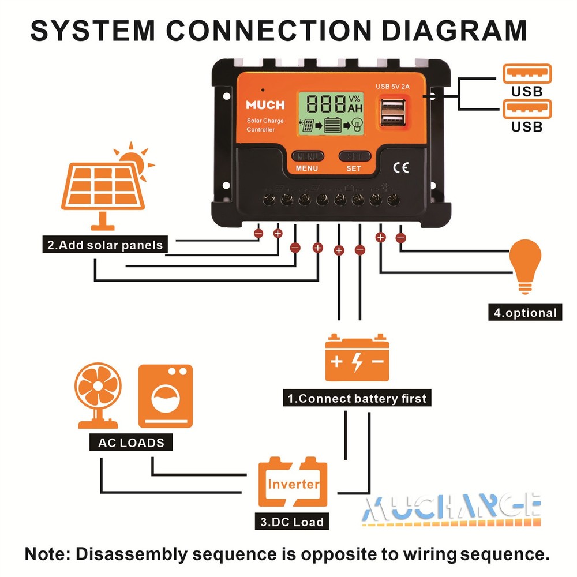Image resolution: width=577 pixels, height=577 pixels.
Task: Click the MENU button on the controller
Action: tap(307, 156)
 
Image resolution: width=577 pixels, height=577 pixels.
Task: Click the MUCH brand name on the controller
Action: tap(265, 105)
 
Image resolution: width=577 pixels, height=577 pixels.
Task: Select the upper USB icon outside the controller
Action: tap(527, 74)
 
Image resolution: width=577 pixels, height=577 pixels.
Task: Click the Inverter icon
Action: tap(293, 484)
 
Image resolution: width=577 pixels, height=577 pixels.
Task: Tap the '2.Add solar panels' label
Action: tap(106, 245)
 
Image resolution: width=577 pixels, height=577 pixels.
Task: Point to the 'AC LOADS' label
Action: tap(131, 443)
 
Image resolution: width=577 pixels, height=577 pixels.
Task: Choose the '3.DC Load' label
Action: tap(292, 522)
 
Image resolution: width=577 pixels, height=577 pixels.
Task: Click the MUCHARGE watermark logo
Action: tap(452, 507)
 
